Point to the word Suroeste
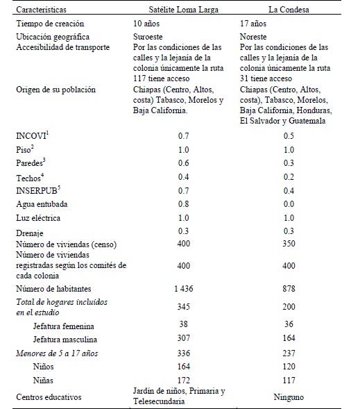coord(148,37)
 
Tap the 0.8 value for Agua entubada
coord(182,205)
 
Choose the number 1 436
coord(182,288)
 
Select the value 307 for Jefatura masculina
coord(182,339)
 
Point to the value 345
coord(182,306)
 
